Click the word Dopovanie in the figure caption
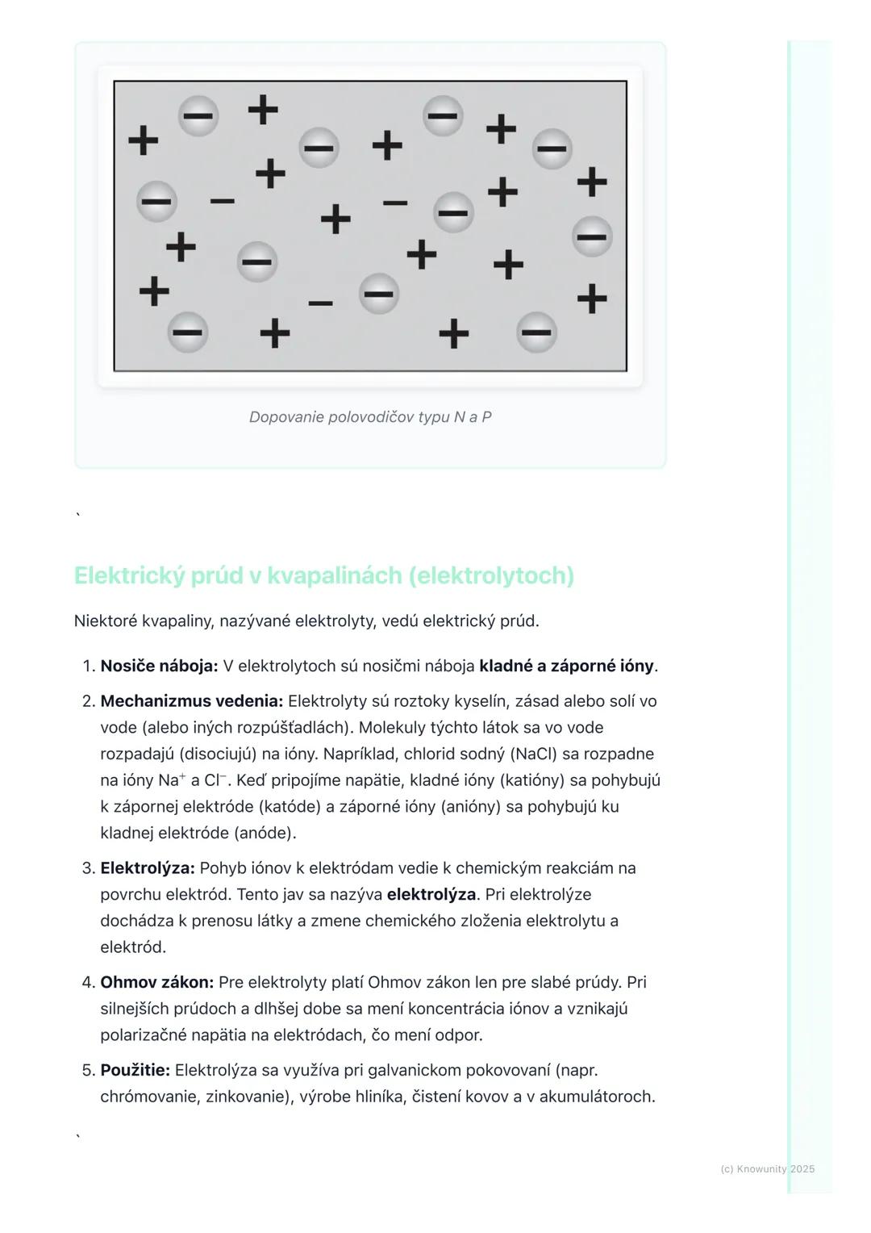[286, 417]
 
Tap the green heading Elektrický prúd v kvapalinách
[323, 575]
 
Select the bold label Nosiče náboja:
[159, 667]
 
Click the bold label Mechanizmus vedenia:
[191, 701]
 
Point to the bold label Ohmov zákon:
[156, 983]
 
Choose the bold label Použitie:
[135, 1071]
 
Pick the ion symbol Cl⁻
[216, 780]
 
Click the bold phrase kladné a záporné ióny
[566, 667]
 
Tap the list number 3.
[88, 869]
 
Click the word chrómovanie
[149, 1097]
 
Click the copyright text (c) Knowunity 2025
[767, 1169]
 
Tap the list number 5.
[88, 1072]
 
